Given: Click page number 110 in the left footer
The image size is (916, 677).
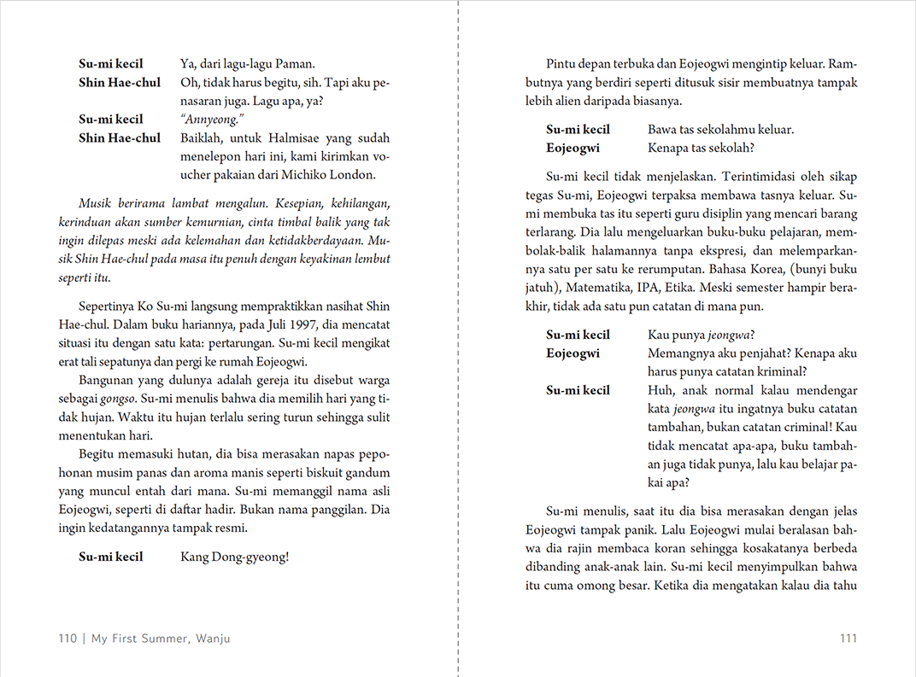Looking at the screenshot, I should point(68,639).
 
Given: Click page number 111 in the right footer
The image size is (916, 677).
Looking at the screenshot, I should point(848,639).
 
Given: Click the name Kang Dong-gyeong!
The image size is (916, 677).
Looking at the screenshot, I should point(235,557).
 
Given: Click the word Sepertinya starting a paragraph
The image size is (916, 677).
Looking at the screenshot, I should point(110,306).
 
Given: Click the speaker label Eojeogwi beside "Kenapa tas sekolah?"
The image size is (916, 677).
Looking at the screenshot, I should point(572,148).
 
